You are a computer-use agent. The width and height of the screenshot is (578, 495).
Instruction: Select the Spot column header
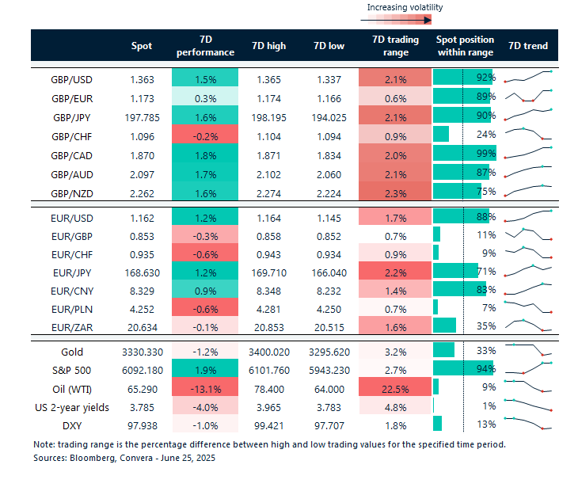[141, 46]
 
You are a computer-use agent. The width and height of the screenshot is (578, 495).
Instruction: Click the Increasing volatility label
[405, 7]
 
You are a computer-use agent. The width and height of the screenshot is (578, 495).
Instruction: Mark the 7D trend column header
[528, 46]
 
